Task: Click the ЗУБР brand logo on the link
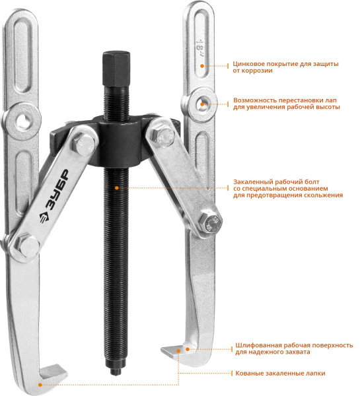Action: click(54, 197)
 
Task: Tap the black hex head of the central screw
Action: click(116, 69)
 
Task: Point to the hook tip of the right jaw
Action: click(167, 350)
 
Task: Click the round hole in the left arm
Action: click(22, 119)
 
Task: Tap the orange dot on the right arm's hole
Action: click(202, 104)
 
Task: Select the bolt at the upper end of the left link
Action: click(85, 145)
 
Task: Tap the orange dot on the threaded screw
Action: click(116, 188)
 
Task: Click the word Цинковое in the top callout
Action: click(249, 64)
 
